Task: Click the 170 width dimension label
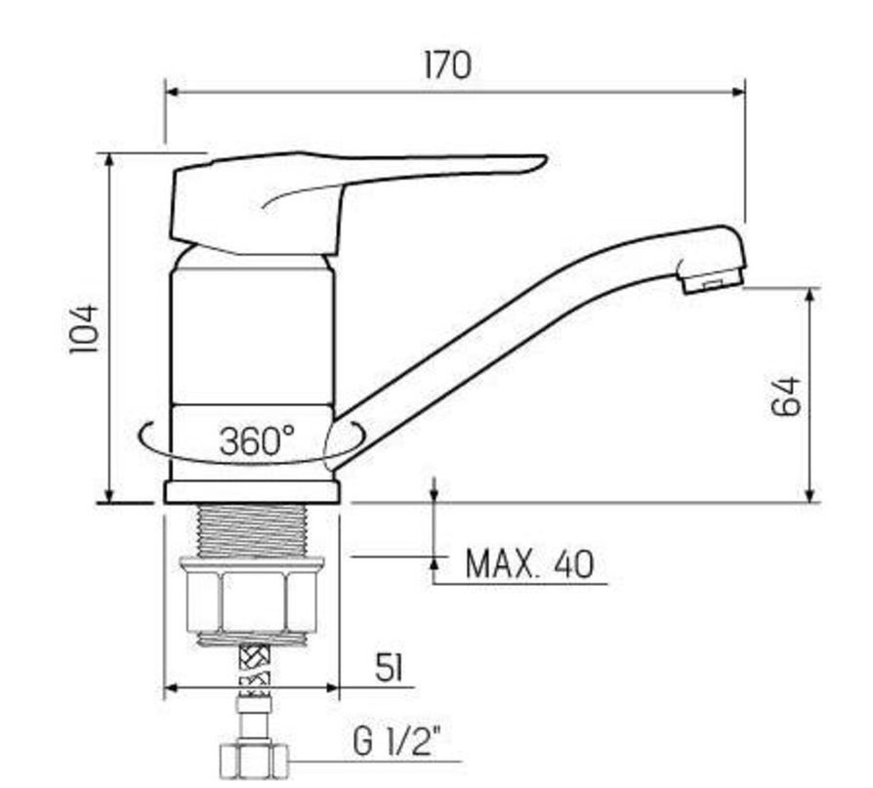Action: (x=447, y=65)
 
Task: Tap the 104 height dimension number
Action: (x=85, y=328)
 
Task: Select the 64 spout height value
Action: (x=786, y=396)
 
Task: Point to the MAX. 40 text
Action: (x=529, y=564)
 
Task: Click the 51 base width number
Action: (x=388, y=668)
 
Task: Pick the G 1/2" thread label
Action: (x=395, y=742)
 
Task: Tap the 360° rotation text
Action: (x=257, y=440)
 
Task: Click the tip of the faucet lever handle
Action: (x=546, y=160)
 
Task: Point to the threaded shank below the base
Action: (x=252, y=530)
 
